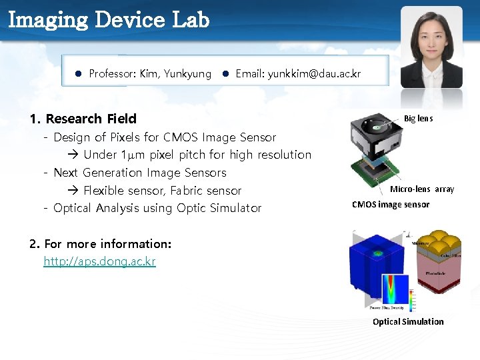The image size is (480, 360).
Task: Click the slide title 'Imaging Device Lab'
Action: tap(109, 19)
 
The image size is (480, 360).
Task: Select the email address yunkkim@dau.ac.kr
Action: tap(314, 74)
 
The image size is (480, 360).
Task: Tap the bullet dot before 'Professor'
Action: tap(78, 74)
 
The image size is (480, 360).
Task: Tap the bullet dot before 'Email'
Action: tap(226, 74)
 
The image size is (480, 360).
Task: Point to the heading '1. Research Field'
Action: tap(83, 119)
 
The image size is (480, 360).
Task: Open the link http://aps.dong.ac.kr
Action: tap(99, 261)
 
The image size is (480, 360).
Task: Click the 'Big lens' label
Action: tap(418, 119)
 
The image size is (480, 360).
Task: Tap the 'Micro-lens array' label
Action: tap(421, 189)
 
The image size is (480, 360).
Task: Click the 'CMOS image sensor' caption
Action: tap(391, 205)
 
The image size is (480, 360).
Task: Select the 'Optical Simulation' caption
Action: tap(407, 321)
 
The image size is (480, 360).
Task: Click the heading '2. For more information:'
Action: tap(101, 244)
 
